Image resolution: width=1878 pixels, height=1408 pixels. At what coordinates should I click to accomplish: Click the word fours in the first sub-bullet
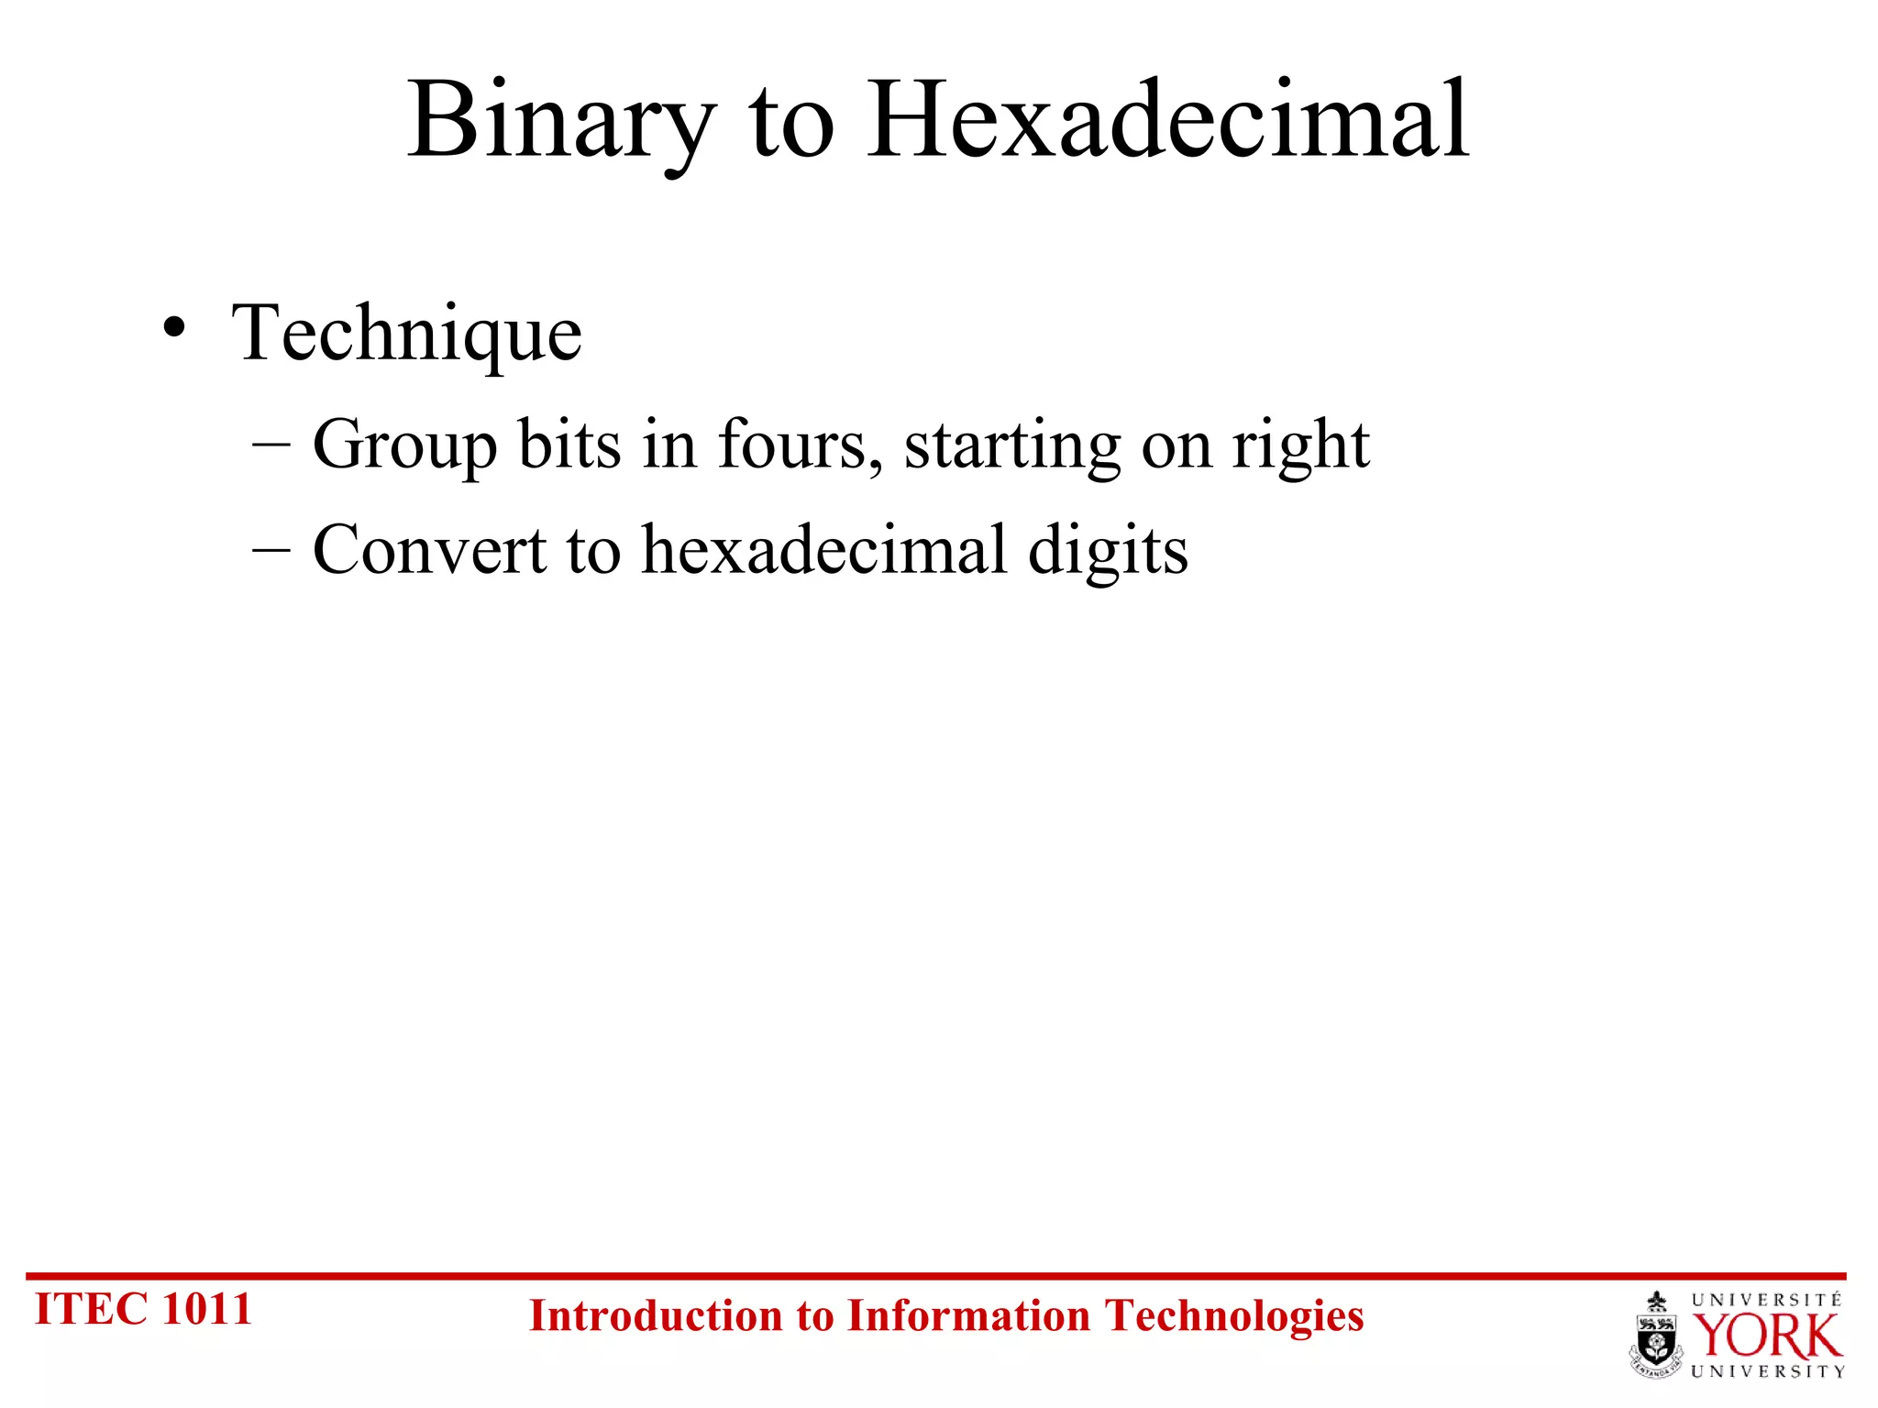point(792,445)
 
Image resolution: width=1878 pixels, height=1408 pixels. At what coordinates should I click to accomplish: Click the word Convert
point(429,550)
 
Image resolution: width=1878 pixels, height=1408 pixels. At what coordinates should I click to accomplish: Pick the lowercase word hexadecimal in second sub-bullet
point(824,550)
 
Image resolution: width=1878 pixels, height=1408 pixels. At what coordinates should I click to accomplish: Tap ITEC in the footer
point(91,1309)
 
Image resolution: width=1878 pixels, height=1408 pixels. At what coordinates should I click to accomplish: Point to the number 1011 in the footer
point(206,1309)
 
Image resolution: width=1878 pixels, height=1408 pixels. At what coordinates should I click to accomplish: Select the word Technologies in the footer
point(1233,1316)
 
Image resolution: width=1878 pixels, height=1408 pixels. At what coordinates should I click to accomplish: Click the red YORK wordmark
point(1766,1336)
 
